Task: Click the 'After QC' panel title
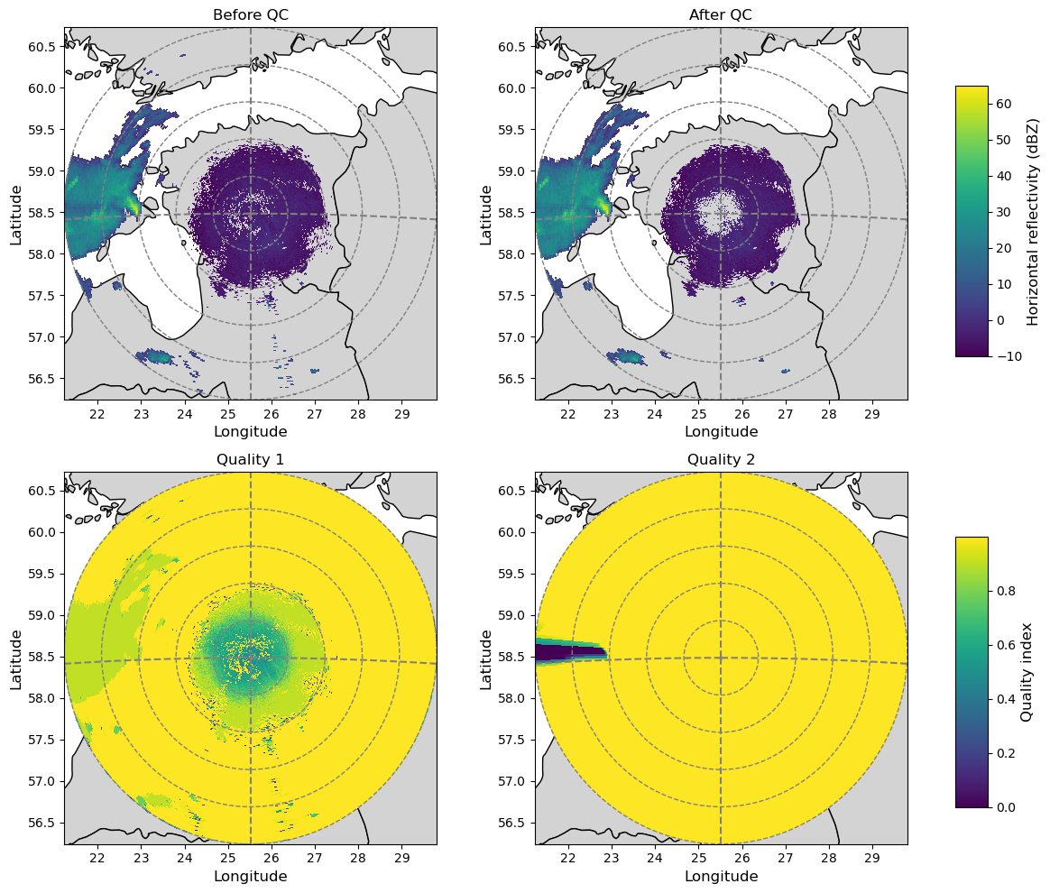pos(721,14)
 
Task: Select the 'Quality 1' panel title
pos(250,459)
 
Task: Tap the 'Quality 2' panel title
pos(721,459)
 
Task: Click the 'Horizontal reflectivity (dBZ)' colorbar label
pos(1034,221)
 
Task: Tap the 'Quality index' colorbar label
pos(1026,672)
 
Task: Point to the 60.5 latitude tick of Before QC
pos(44,47)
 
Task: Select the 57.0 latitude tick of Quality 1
pos(44,781)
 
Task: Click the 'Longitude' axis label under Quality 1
pos(250,877)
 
